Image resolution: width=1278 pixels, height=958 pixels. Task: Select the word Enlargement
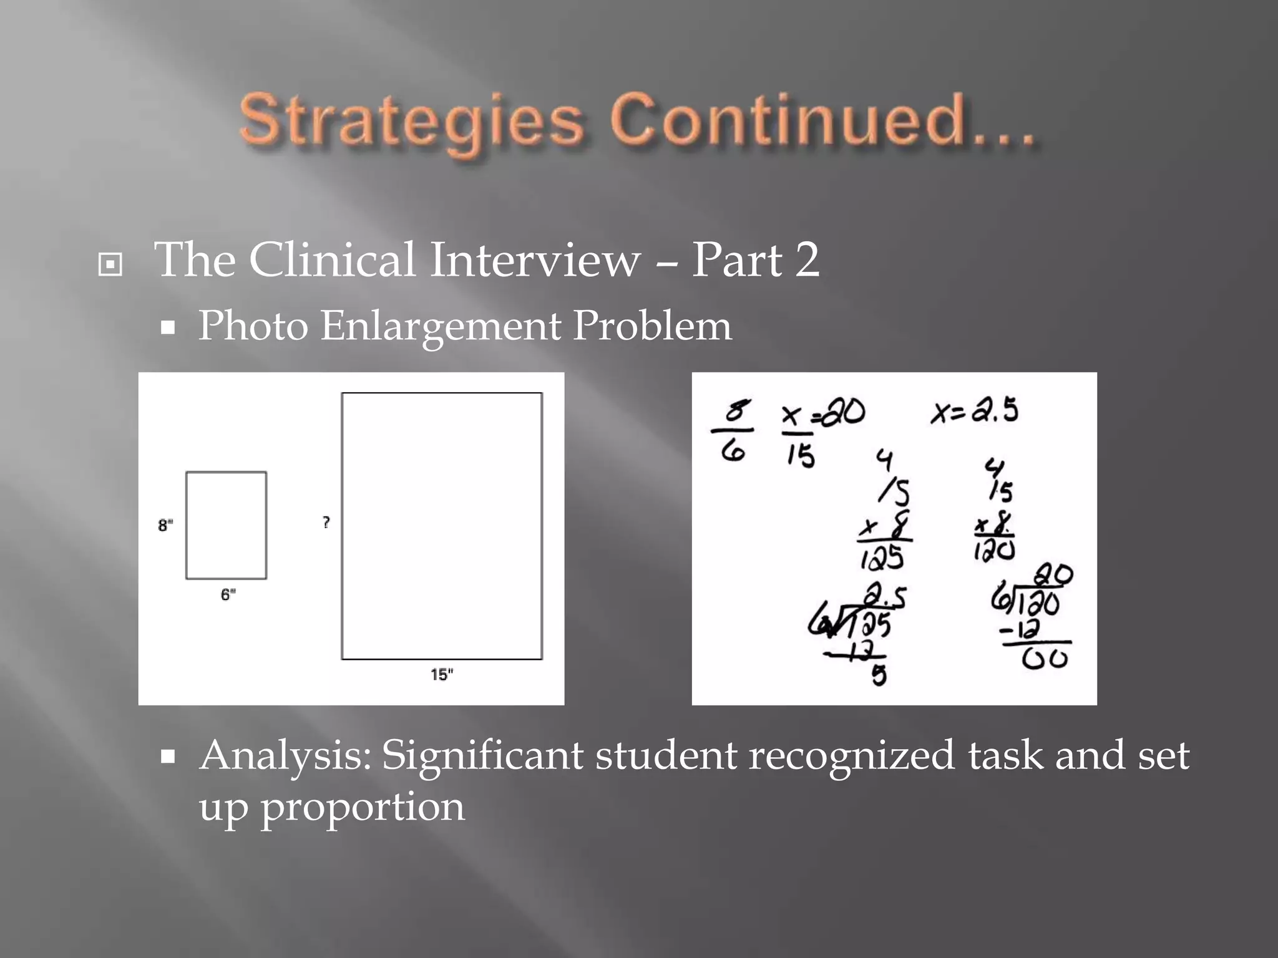click(x=441, y=327)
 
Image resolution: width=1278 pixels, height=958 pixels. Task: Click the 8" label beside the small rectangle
click(x=165, y=525)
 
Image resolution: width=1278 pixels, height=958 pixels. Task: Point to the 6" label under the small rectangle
click(x=228, y=594)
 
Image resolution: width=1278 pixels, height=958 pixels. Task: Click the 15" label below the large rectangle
click(x=442, y=675)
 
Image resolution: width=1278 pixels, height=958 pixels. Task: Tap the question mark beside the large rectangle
click(x=326, y=522)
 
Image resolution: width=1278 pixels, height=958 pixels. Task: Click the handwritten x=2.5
click(x=974, y=412)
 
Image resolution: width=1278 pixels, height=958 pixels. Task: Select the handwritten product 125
click(x=882, y=557)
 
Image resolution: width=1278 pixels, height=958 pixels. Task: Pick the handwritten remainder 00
click(x=1045, y=659)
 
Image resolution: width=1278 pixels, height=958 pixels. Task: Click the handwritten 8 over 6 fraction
click(x=734, y=430)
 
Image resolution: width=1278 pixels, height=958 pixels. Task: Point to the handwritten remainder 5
click(x=879, y=675)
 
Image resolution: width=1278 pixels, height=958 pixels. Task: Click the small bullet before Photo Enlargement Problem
click(x=167, y=327)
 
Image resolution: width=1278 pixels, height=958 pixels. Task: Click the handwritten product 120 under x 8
click(x=994, y=550)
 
